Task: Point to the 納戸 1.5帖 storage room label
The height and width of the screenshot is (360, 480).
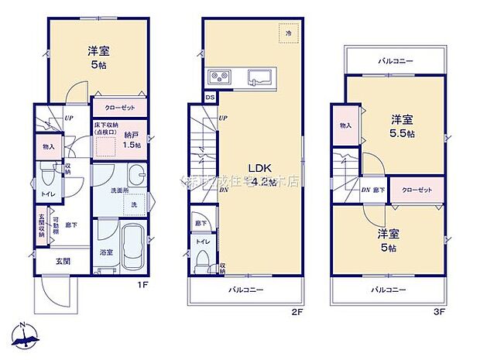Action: point(132,139)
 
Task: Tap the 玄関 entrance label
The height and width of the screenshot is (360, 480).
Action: point(63,262)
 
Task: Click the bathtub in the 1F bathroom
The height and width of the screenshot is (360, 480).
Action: point(133,244)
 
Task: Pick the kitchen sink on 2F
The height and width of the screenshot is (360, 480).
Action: point(258,77)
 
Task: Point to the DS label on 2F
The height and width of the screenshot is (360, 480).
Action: point(210,98)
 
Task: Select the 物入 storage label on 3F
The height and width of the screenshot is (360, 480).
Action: point(345,125)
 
